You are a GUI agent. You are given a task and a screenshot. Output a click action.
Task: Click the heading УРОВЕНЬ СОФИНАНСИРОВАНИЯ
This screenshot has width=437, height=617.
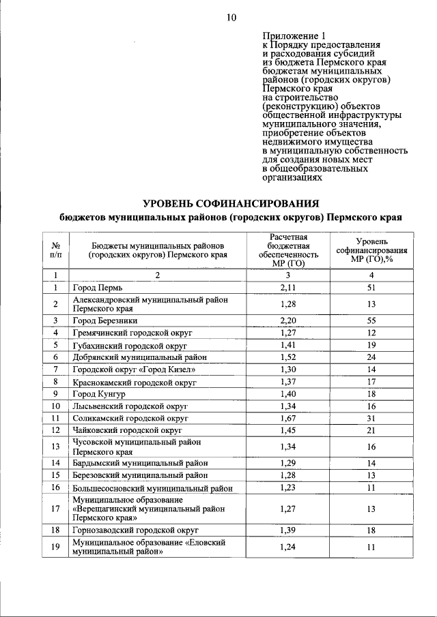231,203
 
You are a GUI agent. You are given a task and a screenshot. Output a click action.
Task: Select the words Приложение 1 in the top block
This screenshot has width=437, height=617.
290,35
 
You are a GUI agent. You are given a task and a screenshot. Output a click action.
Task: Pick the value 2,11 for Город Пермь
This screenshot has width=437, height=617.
288,288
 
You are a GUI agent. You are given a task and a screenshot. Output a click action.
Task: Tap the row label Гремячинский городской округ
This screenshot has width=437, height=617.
133,333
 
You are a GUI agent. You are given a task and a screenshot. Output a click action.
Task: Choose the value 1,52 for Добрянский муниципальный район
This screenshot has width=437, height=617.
288,357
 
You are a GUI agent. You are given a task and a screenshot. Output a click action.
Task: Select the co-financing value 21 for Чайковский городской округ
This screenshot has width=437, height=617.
371,431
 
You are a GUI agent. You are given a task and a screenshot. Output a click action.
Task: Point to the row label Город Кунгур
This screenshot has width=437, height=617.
100,394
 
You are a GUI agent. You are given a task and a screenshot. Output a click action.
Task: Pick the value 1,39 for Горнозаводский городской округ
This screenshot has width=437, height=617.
288,530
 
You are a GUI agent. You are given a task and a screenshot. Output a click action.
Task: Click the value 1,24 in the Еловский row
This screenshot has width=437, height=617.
288,547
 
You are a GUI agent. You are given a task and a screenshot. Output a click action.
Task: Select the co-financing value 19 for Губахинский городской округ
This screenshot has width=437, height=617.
371,345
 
